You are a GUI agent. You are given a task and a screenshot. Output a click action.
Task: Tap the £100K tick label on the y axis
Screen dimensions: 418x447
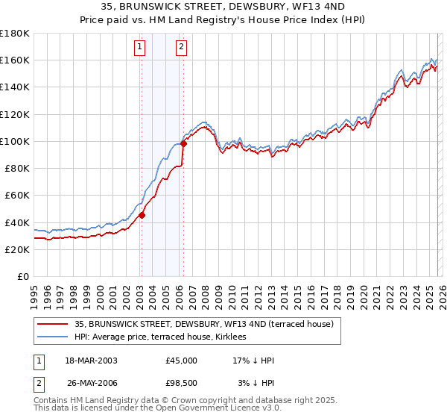(14, 141)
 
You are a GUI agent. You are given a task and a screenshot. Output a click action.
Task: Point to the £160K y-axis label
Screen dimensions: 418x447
(14, 60)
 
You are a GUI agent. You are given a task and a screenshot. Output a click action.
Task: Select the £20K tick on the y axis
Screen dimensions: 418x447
(17, 250)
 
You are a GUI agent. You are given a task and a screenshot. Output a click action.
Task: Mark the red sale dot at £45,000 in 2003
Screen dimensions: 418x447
(142, 216)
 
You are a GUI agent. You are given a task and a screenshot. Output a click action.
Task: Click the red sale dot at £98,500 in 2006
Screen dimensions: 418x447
(183, 144)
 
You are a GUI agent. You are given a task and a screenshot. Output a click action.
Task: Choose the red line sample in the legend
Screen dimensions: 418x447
(53, 324)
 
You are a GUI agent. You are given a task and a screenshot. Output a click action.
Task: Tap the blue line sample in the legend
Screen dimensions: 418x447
(53, 337)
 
